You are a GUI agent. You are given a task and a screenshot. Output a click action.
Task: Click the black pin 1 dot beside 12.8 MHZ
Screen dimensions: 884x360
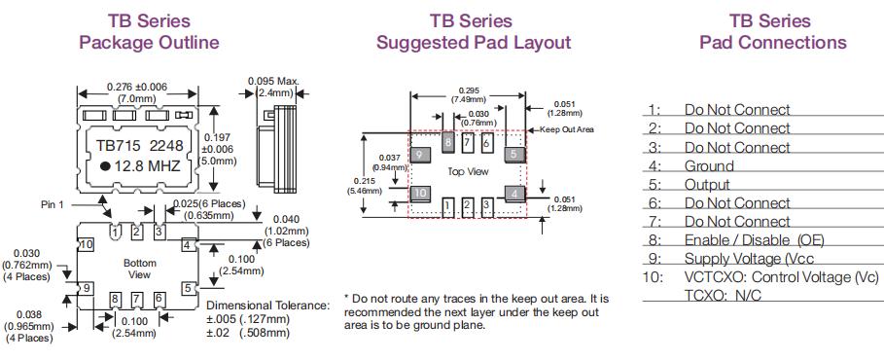(x=105, y=166)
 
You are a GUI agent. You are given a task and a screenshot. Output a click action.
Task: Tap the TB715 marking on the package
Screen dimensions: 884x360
(x=118, y=146)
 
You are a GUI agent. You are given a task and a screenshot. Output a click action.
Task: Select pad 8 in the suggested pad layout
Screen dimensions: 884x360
(x=448, y=142)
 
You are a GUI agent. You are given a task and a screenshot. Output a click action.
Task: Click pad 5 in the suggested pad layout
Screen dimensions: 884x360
(x=513, y=154)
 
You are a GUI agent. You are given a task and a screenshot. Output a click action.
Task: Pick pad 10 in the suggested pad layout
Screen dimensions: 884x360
(x=420, y=194)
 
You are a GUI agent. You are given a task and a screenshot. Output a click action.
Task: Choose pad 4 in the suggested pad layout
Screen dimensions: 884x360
(x=514, y=194)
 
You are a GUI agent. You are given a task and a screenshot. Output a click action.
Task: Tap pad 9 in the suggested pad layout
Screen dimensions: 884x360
(x=420, y=154)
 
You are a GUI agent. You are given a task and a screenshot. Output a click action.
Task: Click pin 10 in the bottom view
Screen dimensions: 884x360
(x=86, y=245)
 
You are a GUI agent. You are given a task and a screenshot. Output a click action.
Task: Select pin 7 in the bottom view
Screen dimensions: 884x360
(x=136, y=299)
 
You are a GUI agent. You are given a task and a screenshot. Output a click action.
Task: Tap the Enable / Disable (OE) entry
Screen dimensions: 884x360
(x=754, y=239)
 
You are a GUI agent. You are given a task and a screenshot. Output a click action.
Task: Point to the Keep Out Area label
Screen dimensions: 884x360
(x=567, y=129)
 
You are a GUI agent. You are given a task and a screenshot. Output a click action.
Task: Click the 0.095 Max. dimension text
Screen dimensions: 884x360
(x=273, y=81)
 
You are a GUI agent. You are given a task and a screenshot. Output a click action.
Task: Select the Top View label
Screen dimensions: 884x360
(x=468, y=171)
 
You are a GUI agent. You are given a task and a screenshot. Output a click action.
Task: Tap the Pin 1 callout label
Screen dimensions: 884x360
(x=53, y=203)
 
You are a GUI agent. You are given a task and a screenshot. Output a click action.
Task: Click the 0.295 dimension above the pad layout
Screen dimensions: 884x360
(x=469, y=90)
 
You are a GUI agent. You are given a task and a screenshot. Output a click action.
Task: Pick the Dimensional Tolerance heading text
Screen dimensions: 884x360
(x=267, y=306)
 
